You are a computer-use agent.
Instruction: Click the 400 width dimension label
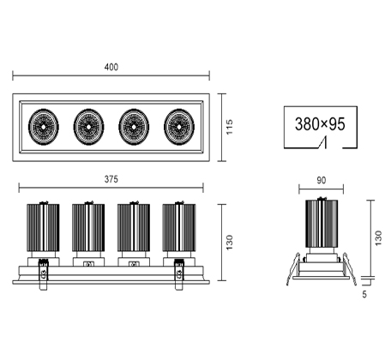click(111, 67)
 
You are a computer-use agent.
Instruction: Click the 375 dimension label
click(111, 179)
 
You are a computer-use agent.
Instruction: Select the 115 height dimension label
click(229, 127)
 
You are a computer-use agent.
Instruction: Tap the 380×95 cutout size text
click(320, 124)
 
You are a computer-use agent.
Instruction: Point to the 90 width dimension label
click(321, 180)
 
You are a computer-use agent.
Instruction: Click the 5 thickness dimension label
click(364, 294)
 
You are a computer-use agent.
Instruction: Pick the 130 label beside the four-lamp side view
click(229, 243)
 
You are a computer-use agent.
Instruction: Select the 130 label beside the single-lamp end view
click(378, 238)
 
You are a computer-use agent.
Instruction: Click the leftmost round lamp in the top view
click(44, 127)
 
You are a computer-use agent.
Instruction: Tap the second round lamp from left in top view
click(88, 127)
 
